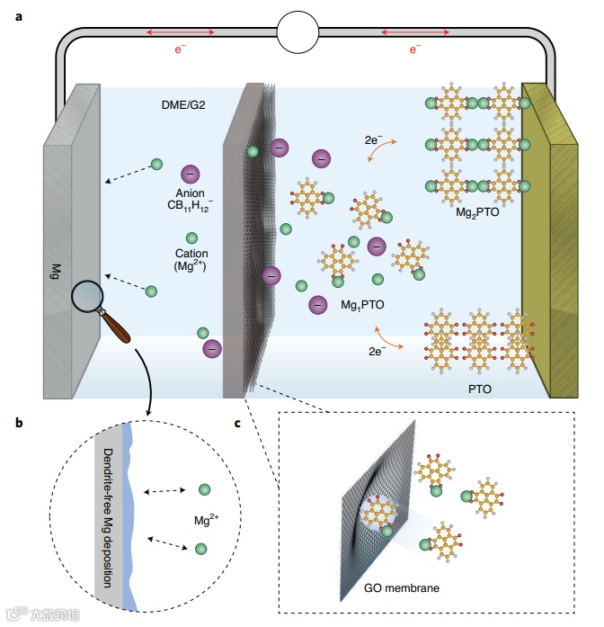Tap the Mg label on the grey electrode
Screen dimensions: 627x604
56,269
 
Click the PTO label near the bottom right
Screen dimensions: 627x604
479,391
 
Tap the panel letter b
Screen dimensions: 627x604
20,420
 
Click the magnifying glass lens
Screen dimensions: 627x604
88,296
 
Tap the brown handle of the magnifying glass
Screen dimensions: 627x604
117,327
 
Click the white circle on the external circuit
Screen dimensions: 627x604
301,33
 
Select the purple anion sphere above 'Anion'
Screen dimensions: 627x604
191,175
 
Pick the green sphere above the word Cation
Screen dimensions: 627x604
191,237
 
